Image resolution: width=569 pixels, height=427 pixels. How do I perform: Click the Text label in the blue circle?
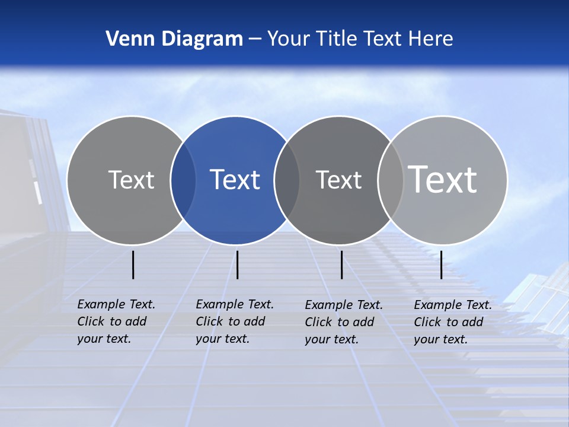tap(235, 180)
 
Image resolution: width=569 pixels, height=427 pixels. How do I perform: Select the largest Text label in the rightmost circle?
tap(442, 179)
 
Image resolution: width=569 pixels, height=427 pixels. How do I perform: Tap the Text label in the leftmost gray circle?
tap(131, 180)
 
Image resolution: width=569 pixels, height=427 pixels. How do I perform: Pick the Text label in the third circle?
tap(338, 180)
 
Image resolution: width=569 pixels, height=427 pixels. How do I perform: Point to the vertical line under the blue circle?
tap(237, 265)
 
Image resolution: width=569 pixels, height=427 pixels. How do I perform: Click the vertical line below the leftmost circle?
tap(133, 265)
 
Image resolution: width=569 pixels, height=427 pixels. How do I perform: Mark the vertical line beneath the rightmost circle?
tap(441, 265)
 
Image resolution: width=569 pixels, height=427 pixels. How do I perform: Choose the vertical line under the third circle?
tap(341, 265)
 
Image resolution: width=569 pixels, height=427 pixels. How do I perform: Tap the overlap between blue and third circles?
tap(287, 180)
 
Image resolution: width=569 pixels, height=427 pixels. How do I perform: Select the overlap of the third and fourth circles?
tap(391, 180)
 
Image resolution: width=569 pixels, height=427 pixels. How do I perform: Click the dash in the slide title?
tap(255, 39)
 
